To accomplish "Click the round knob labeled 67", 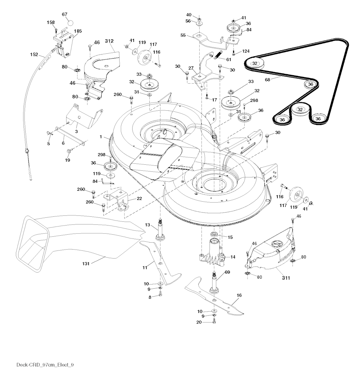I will [x=70, y=22].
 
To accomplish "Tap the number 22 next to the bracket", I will [x=139, y=198].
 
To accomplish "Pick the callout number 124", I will [x=246, y=52].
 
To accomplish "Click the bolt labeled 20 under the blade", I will [x=214, y=322].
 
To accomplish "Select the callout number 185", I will [x=78, y=31].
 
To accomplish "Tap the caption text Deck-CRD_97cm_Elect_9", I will [x=45, y=364].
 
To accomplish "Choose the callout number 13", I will [x=148, y=225].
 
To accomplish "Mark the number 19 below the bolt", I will [x=67, y=160].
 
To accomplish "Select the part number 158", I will [x=51, y=22].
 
